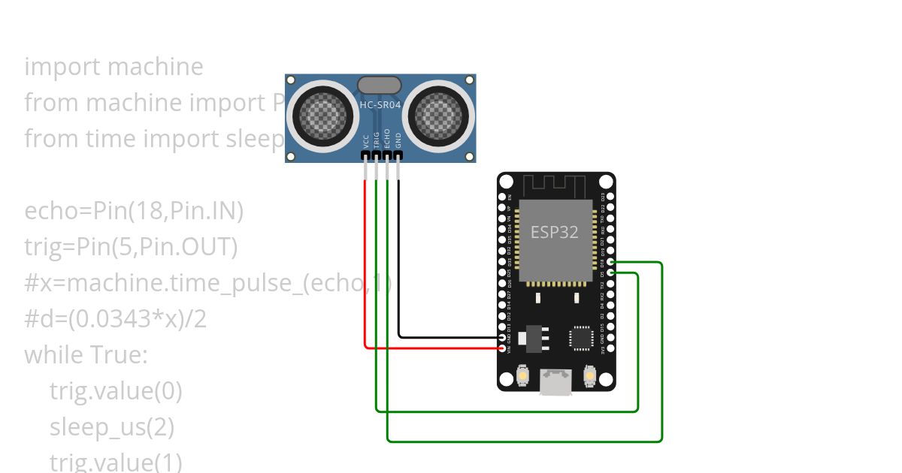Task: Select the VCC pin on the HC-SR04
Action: point(365,155)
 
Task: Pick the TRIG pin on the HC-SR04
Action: point(376,155)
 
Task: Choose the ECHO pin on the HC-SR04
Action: point(387,155)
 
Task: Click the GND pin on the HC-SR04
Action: point(398,155)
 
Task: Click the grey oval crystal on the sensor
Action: point(380,85)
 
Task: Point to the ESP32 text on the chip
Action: point(555,232)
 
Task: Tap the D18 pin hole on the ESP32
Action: point(610,263)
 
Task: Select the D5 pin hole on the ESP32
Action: point(610,274)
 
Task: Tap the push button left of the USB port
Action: point(524,375)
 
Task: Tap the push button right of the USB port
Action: point(589,375)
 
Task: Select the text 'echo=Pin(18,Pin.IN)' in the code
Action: point(134,212)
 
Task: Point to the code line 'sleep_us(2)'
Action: point(112,427)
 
